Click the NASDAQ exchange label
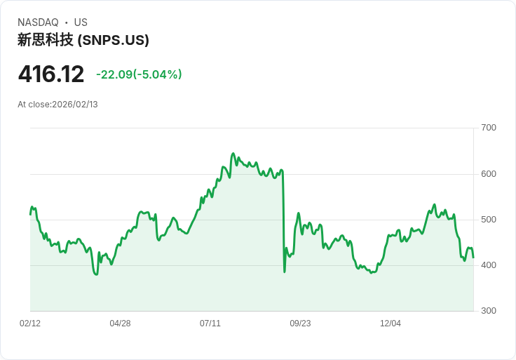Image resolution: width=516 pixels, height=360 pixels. pos(38,22)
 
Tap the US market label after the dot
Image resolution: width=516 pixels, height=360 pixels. pos(81,22)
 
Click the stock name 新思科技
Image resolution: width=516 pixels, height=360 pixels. pos(45,40)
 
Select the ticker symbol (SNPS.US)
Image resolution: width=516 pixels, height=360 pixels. pos(113,40)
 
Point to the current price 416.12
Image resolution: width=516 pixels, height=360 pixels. pos(50,74)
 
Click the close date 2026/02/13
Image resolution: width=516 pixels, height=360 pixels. pos(75,105)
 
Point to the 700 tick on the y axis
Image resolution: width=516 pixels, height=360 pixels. pos(489,128)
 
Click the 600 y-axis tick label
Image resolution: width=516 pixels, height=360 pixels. pos(489,174)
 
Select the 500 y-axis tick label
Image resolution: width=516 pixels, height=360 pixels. pos(489,220)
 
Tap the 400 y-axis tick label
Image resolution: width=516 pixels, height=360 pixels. pos(489,265)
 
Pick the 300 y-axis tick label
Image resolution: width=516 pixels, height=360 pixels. pos(489,311)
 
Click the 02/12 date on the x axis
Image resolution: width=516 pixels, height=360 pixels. pos(30,324)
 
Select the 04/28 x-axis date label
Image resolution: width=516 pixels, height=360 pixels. pos(120,324)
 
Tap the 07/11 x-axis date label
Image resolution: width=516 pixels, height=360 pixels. pos(210,324)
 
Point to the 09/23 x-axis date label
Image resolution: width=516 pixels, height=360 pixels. pos(300,324)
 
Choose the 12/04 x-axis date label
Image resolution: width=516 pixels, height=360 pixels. pos(391,324)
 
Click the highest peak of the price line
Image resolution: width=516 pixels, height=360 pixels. pos(233,153)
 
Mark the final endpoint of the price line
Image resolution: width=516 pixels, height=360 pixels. pos(473,258)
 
